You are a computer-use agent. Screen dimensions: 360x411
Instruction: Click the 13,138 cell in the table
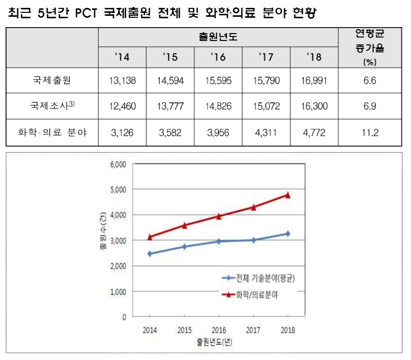pos(121,81)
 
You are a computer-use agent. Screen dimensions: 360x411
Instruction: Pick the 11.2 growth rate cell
pos(370,132)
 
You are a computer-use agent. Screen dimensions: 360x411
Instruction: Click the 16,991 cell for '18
pos(314,81)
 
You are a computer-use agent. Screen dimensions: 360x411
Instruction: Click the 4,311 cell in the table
pos(266,132)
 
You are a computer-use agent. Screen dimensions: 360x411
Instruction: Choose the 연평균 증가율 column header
pos(370,47)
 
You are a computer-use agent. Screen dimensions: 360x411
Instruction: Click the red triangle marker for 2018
pos(288,195)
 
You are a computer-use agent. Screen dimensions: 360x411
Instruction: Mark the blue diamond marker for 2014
pos(149,254)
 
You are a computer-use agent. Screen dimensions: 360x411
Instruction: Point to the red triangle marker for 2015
pos(184,225)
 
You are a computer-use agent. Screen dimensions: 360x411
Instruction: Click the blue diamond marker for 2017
pos(253,240)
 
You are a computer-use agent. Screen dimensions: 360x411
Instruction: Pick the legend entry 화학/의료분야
pos(255,294)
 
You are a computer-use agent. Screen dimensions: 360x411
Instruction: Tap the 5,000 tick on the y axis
pos(118,189)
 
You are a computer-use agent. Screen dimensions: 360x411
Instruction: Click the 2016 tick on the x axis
pos(219,330)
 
